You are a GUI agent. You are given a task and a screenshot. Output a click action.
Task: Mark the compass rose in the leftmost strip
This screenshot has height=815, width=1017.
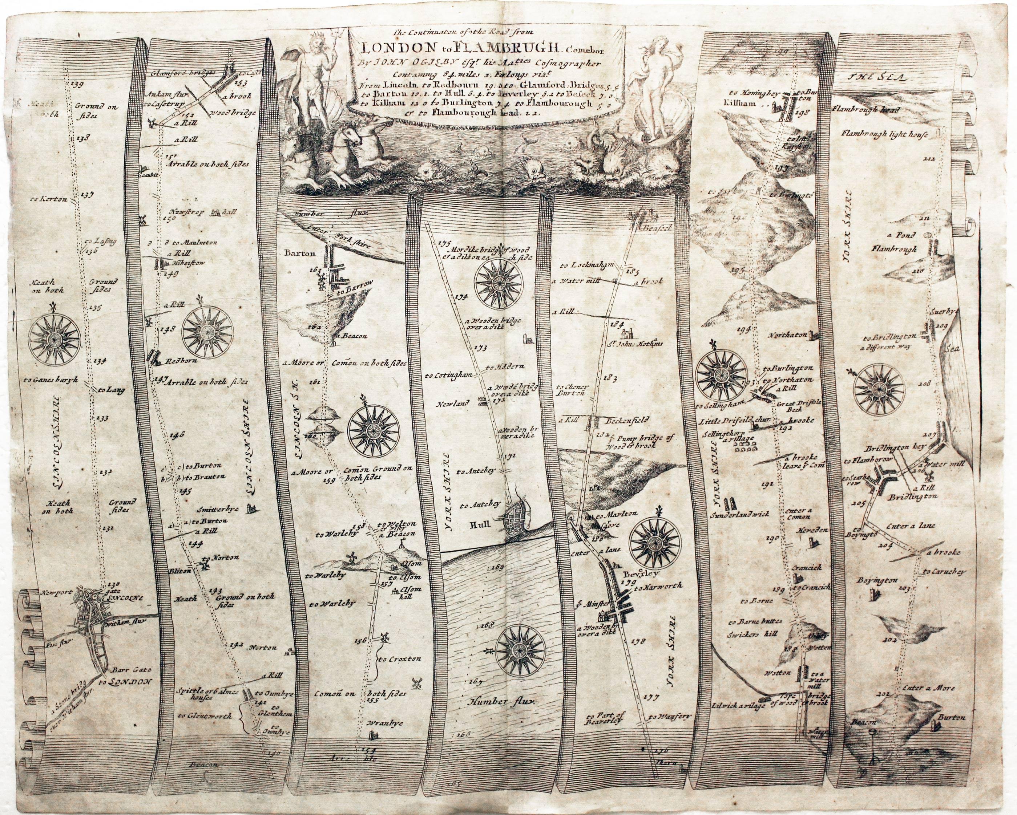(54, 337)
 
